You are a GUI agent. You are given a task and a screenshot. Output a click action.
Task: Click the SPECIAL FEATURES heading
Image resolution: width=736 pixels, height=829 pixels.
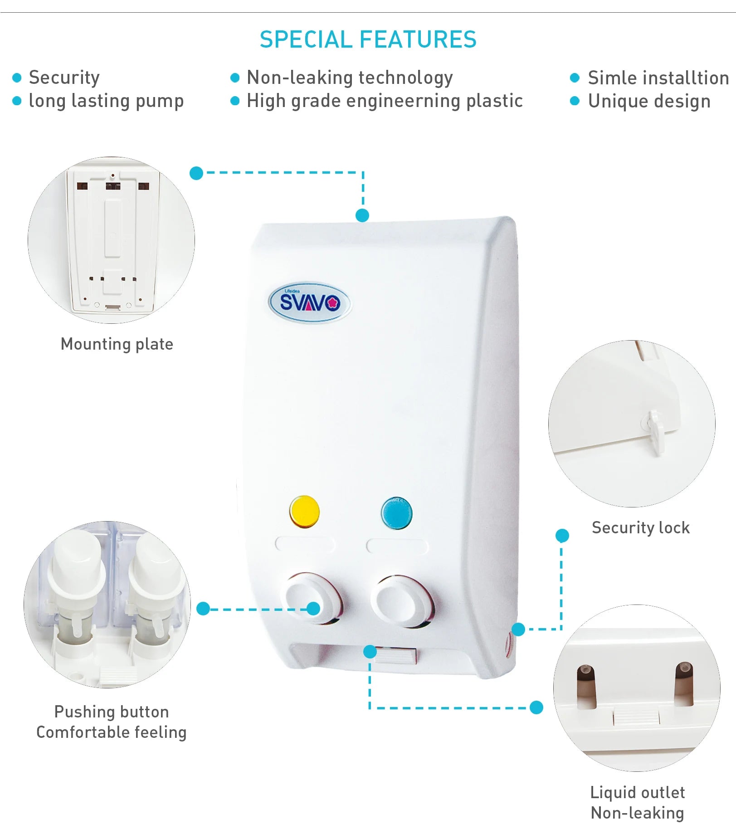[x=368, y=39]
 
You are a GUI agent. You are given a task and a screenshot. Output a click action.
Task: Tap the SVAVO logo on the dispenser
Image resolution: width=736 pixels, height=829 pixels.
[x=310, y=302]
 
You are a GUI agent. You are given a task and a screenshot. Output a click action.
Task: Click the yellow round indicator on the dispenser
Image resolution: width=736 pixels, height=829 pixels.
[x=304, y=512]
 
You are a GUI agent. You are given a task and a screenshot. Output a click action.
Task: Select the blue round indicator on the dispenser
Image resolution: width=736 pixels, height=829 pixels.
[x=397, y=513]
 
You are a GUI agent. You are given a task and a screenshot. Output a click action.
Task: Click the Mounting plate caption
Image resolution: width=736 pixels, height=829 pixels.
[x=117, y=344]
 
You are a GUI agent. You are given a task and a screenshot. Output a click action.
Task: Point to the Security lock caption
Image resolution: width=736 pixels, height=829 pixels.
[x=640, y=528]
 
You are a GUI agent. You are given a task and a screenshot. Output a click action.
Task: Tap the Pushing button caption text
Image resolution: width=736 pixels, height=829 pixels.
[x=112, y=712]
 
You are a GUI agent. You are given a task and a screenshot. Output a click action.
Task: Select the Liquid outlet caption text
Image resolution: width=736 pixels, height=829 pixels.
[x=637, y=793]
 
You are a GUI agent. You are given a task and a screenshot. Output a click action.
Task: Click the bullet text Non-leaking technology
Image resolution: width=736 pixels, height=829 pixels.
[x=350, y=78]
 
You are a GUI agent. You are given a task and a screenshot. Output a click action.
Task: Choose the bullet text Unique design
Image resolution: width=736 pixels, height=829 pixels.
[x=649, y=101]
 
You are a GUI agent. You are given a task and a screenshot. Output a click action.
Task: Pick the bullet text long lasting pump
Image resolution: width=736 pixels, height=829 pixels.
[x=106, y=101]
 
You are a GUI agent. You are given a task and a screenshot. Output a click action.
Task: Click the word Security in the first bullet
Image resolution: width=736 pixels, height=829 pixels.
[x=64, y=78]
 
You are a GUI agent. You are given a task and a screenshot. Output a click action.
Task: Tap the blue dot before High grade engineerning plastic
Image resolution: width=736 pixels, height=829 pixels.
[x=235, y=101]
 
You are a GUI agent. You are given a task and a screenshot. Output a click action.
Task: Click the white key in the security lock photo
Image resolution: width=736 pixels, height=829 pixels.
[x=655, y=431]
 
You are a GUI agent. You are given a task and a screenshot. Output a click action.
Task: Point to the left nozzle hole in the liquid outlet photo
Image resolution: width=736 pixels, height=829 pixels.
[x=586, y=686]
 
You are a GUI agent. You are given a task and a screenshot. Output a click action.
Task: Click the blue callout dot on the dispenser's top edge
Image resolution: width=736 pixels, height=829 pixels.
[x=362, y=215]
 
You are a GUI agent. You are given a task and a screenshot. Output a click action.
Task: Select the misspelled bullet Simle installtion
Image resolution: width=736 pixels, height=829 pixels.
[x=658, y=78]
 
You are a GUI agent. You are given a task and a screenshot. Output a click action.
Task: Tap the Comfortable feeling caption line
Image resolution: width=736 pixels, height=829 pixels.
[x=112, y=732]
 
